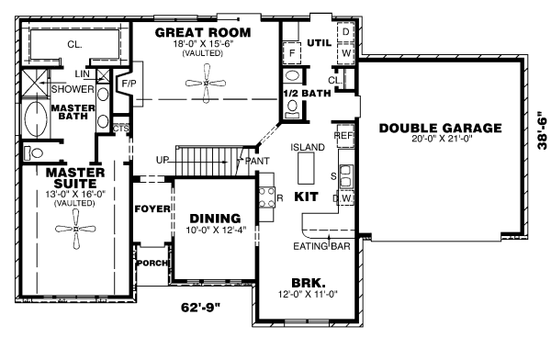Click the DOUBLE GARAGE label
pyautogui.click(x=440, y=128)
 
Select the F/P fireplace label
pyautogui.click(x=129, y=84)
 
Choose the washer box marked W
pyautogui.click(x=345, y=54)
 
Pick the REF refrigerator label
pyautogui.click(x=344, y=134)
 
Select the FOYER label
pyautogui.click(x=152, y=208)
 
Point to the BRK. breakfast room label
pyautogui.click(x=303, y=282)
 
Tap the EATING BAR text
pyautogui.click(x=320, y=246)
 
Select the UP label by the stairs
pyautogui.click(x=163, y=160)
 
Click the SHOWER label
pyautogui.click(x=72, y=89)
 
